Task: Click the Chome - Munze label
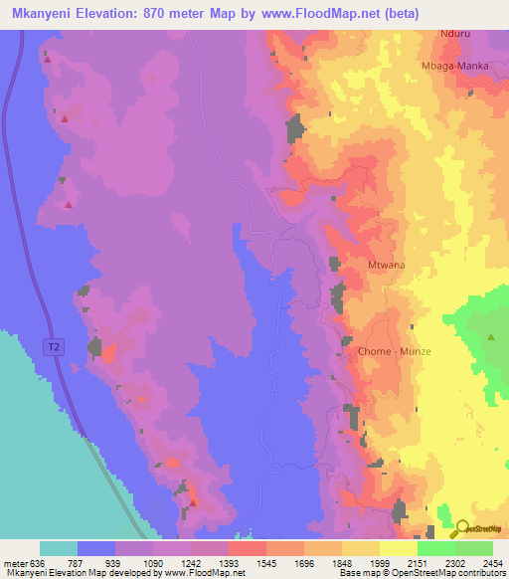388,352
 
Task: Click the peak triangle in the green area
491,337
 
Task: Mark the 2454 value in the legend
492,562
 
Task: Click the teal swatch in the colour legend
58,548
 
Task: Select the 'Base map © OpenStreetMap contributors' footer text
434,573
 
